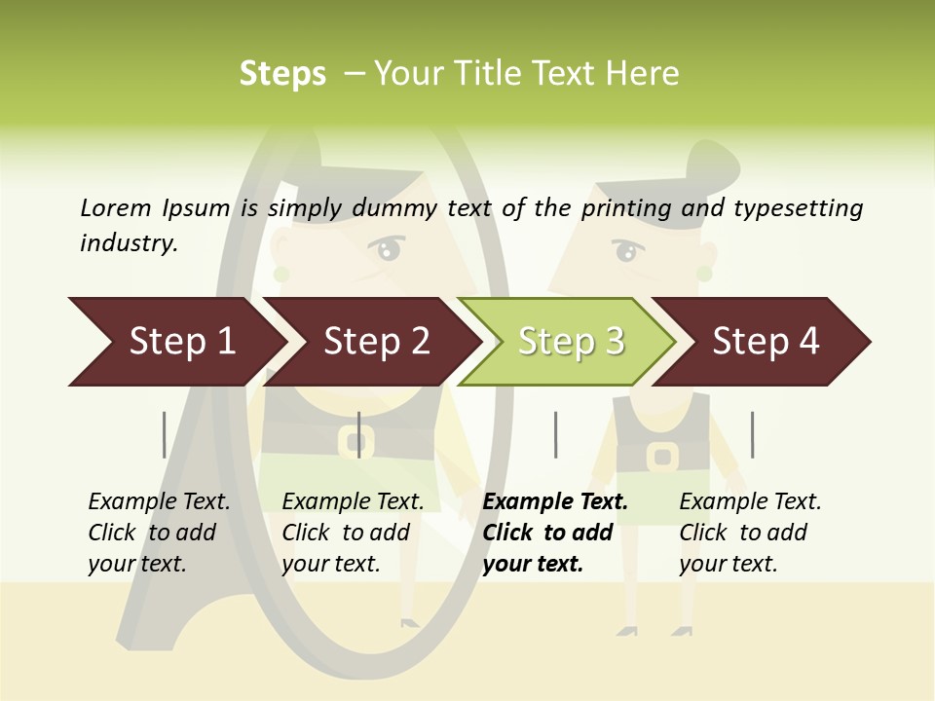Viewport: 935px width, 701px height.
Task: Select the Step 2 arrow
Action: (x=375, y=342)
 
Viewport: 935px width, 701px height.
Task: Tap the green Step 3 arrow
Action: (x=570, y=342)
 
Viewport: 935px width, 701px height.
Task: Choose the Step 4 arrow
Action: (x=765, y=342)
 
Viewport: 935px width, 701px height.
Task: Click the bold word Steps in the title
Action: (x=282, y=74)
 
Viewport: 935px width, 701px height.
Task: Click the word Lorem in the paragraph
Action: (x=115, y=208)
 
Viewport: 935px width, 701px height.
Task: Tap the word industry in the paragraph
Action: (x=129, y=243)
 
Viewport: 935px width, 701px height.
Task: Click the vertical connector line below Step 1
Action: (x=165, y=434)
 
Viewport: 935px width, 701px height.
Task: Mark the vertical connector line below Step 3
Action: (x=555, y=434)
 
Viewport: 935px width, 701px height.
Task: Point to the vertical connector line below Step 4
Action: (x=752, y=434)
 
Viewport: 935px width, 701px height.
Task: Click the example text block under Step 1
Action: (x=159, y=533)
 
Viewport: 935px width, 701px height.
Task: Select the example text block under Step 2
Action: (x=353, y=533)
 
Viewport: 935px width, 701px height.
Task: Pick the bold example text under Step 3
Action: (x=555, y=533)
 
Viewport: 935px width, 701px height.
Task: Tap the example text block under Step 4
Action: (x=750, y=533)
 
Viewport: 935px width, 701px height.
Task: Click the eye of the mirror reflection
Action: (x=390, y=250)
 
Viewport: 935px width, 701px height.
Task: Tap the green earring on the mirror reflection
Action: (x=281, y=275)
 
